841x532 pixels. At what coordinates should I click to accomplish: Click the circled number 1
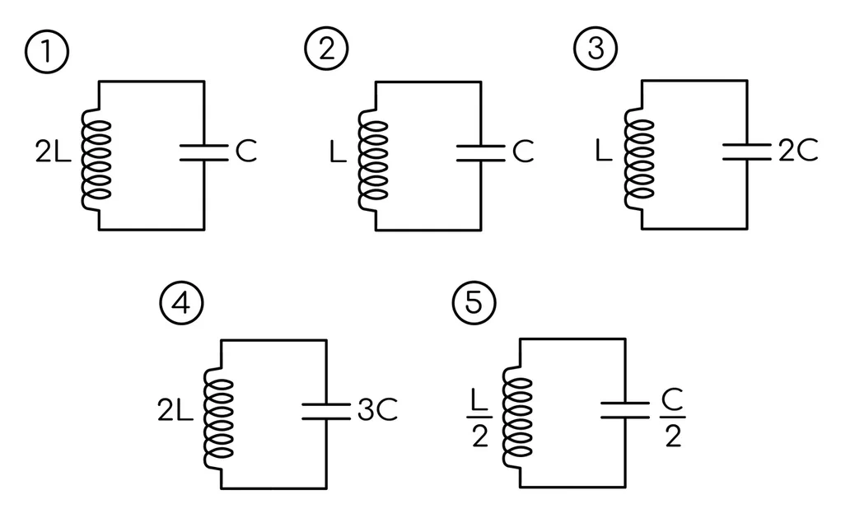click(x=47, y=52)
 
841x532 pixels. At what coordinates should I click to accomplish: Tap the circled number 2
click(x=327, y=49)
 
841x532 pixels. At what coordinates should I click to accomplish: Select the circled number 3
click(x=596, y=48)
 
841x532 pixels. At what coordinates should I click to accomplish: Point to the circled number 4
click(x=181, y=303)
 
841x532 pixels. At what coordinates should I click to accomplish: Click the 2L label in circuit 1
click(x=53, y=152)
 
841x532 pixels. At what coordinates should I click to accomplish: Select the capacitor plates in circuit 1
click(x=203, y=152)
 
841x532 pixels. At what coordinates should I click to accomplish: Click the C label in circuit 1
click(x=247, y=151)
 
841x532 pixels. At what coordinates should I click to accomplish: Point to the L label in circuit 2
click(x=338, y=152)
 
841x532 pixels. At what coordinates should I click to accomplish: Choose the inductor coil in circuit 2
click(x=373, y=160)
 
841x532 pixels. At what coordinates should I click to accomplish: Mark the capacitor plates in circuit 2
click(x=480, y=153)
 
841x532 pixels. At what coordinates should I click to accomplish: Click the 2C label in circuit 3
click(x=798, y=150)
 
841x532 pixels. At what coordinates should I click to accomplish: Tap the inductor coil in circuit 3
click(x=639, y=158)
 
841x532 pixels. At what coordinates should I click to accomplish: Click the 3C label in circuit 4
click(x=377, y=410)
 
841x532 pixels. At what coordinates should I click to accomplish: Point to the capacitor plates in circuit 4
click(x=326, y=411)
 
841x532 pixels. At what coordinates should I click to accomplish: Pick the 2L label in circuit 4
click(x=175, y=410)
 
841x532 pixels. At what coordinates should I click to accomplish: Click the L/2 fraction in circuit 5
click(x=479, y=418)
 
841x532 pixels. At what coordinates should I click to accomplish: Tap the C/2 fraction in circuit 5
click(x=673, y=418)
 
